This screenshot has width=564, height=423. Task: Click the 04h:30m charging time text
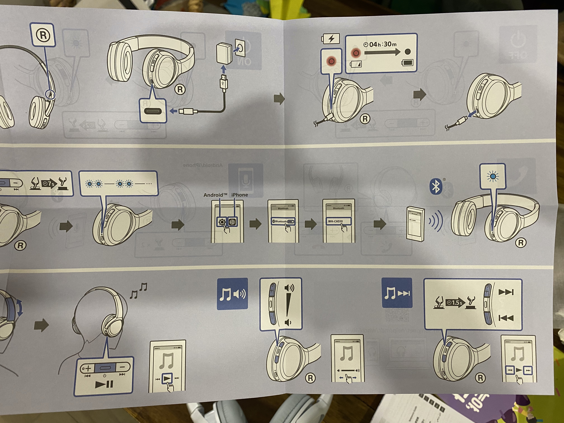tap(380, 44)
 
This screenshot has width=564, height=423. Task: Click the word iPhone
tap(239, 195)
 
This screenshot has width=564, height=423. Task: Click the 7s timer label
tap(48, 183)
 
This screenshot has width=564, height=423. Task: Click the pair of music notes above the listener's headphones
tap(138, 290)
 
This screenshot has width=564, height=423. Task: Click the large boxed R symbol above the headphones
tap(43, 35)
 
